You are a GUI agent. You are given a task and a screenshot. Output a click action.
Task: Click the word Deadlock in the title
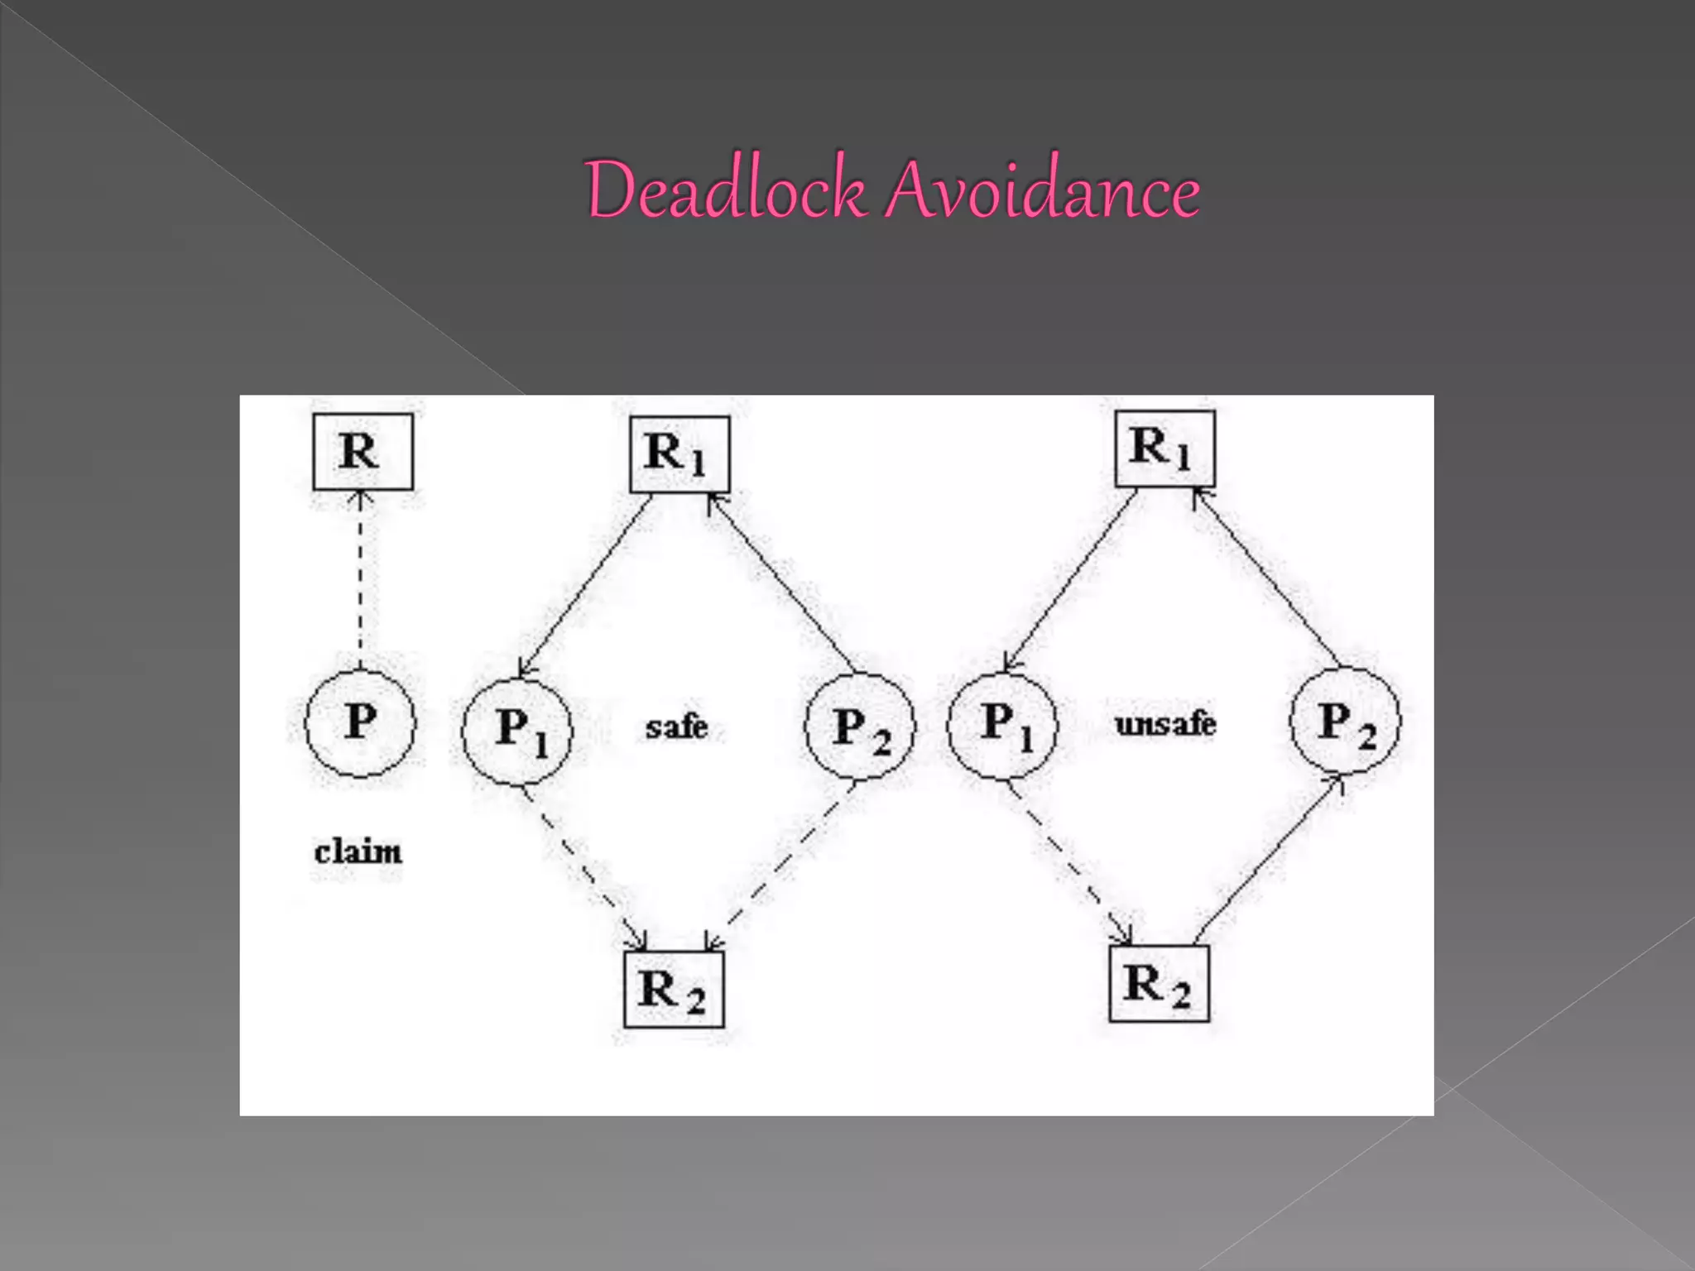click(x=725, y=190)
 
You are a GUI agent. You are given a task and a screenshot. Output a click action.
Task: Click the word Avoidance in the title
click(x=1043, y=190)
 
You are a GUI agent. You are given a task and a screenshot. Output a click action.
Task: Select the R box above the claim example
click(x=363, y=452)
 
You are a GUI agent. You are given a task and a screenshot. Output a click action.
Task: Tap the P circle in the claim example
click(x=360, y=722)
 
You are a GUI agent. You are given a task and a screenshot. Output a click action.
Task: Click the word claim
click(x=358, y=851)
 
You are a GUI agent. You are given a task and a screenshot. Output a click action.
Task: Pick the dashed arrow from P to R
click(x=360, y=579)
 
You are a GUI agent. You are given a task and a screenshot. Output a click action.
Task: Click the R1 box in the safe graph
click(x=679, y=454)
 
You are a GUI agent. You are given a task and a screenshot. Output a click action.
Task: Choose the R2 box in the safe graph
click(x=674, y=990)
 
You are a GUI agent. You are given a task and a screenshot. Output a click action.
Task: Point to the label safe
click(x=676, y=727)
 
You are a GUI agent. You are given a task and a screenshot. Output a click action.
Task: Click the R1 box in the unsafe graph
click(x=1164, y=448)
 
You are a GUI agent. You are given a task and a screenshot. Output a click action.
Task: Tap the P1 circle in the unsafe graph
click(x=1002, y=725)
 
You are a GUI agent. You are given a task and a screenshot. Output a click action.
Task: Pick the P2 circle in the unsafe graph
click(x=1345, y=722)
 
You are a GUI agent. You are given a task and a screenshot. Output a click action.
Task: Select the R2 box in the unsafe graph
click(x=1159, y=984)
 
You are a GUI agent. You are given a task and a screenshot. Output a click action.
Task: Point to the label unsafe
click(x=1165, y=725)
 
